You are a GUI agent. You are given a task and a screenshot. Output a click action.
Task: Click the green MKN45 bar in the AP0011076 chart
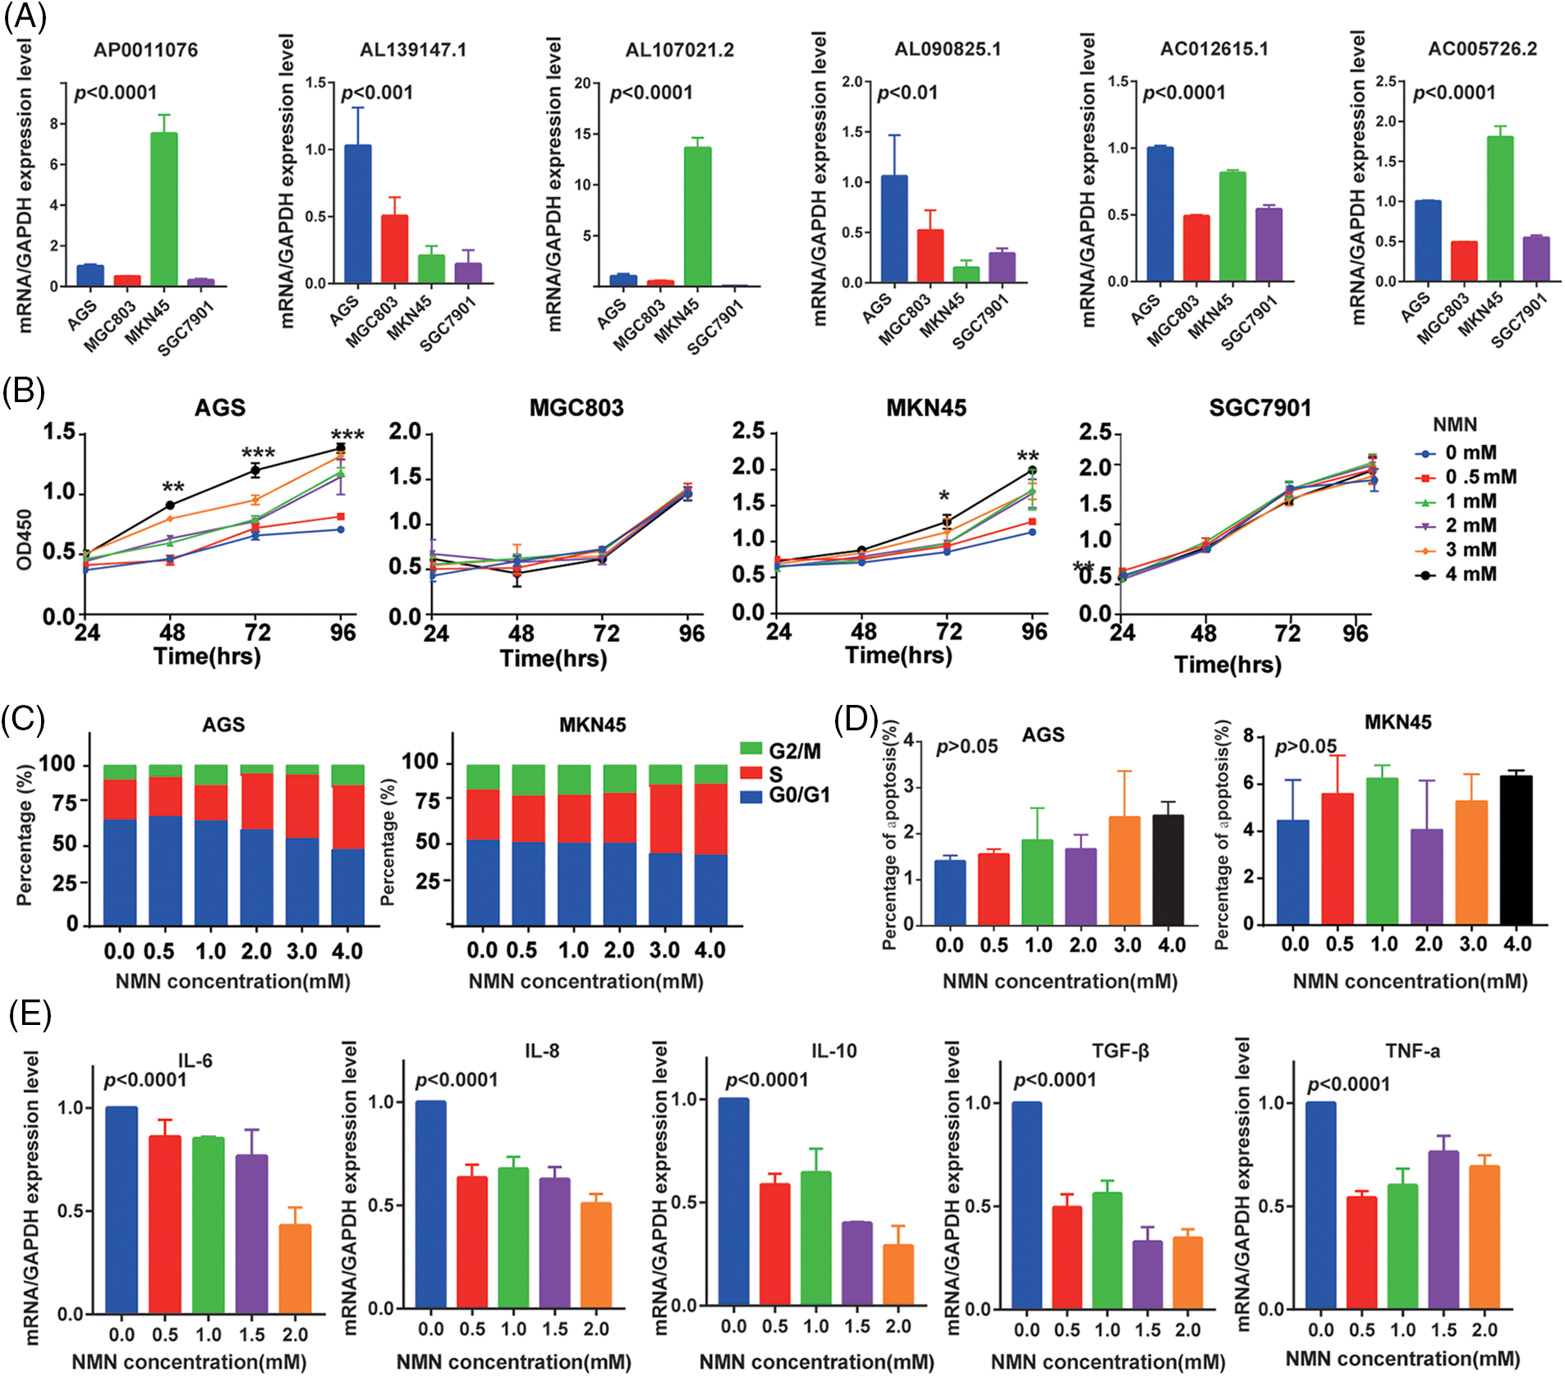(x=163, y=209)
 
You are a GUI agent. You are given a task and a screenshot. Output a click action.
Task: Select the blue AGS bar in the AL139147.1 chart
(x=357, y=214)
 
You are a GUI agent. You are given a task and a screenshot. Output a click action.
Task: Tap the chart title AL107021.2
(x=679, y=50)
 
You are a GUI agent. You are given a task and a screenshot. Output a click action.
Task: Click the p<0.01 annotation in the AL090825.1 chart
(x=907, y=93)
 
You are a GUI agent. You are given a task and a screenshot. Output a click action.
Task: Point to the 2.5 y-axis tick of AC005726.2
(x=1385, y=81)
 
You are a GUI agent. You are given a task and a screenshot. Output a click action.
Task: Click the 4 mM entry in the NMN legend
(x=1470, y=574)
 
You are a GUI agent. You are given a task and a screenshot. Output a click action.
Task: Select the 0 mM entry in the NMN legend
(x=1470, y=453)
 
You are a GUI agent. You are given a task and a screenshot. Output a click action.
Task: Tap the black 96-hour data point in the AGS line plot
(x=340, y=448)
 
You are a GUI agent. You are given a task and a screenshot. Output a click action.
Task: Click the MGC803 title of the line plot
(x=576, y=408)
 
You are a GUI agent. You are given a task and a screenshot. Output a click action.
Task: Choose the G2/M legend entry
(x=793, y=751)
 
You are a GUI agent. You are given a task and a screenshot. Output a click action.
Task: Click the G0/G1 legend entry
(x=798, y=795)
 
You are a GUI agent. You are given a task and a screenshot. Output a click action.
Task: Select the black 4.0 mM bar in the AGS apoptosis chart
(x=1168, y=870)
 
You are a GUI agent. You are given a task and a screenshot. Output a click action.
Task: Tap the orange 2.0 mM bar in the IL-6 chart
(x=295, y=1269)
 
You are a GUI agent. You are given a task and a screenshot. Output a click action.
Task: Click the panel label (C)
(x=23, y=720)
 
